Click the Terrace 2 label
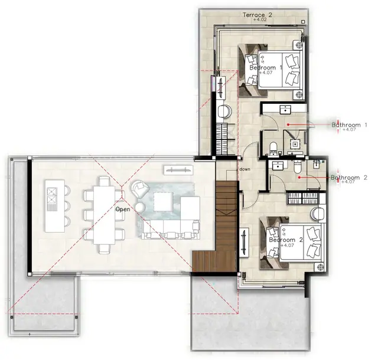pos(258,15)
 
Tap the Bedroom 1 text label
pos(266,68)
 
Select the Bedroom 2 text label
pos(286,240)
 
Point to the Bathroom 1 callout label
pos(349,125)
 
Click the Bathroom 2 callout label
pos(349,178)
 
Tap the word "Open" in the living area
pos(123,209)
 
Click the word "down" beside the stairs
pos(245,169)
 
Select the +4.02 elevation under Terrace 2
pos(260,19)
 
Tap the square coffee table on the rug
pos(164,201)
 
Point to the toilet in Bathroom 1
pos(273,149)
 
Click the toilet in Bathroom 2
pos(298,166)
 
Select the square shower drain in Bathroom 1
pos(295,144)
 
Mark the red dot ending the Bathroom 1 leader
pos(288,125)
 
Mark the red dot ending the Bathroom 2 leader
pos(299,178)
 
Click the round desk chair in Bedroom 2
pos(318,213)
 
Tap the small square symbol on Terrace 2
pos(303,22)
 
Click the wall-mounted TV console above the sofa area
pos(178,170)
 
